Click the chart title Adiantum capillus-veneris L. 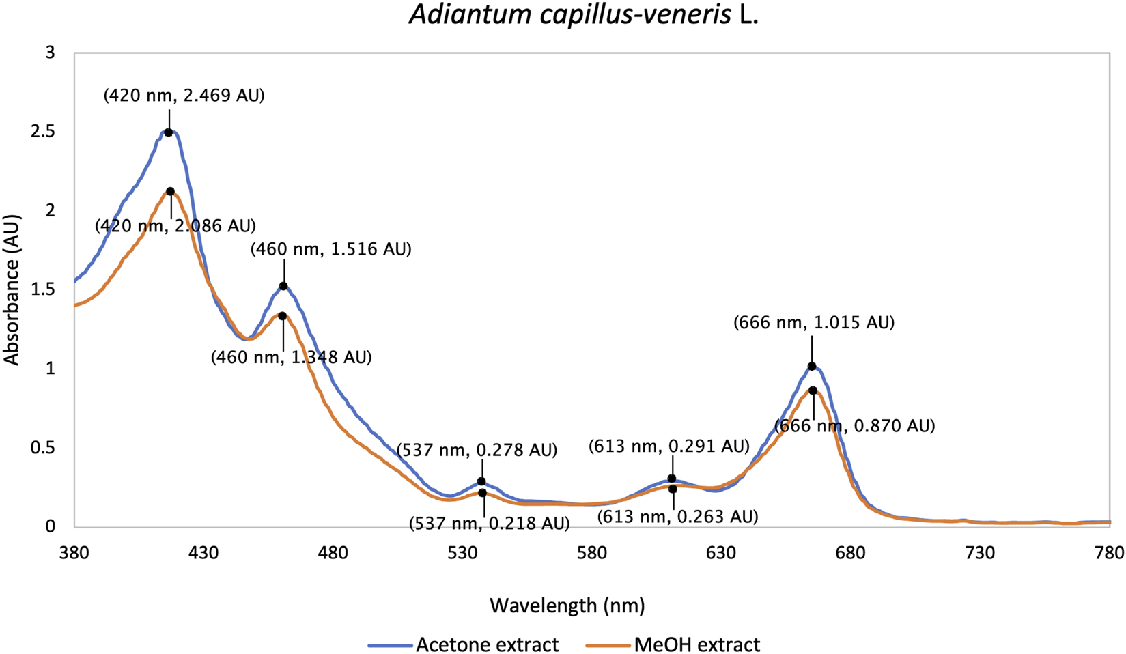point(584,15)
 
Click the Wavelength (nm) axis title point(567,605)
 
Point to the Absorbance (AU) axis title point(12,290)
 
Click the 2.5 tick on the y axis point(43,132)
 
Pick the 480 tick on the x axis point(333,552)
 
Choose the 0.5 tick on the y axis point(43,448)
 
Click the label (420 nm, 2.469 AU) point(184,96)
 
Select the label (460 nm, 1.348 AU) point(291,357)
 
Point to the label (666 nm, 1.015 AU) point(813,322)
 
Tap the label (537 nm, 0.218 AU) point(489,524)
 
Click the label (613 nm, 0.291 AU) point(669,446)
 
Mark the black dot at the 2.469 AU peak point(169,132)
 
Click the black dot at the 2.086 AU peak point(170,192)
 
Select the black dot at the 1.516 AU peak point(283,286)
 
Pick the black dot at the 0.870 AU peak point(813,390)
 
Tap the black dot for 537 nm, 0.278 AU point(481,482)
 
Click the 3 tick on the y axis point(50,53)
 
